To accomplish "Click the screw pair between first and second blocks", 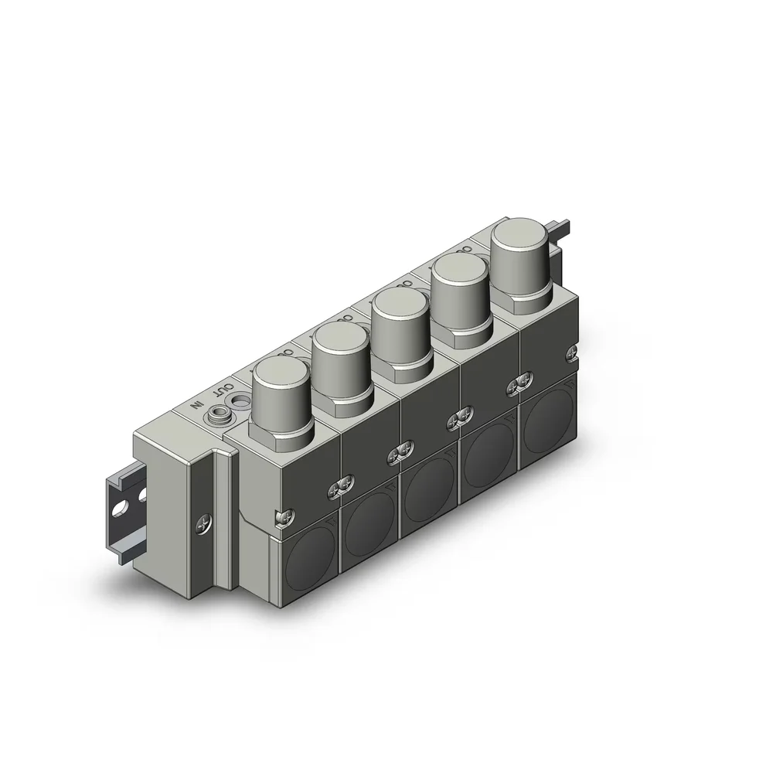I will point(342,485).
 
